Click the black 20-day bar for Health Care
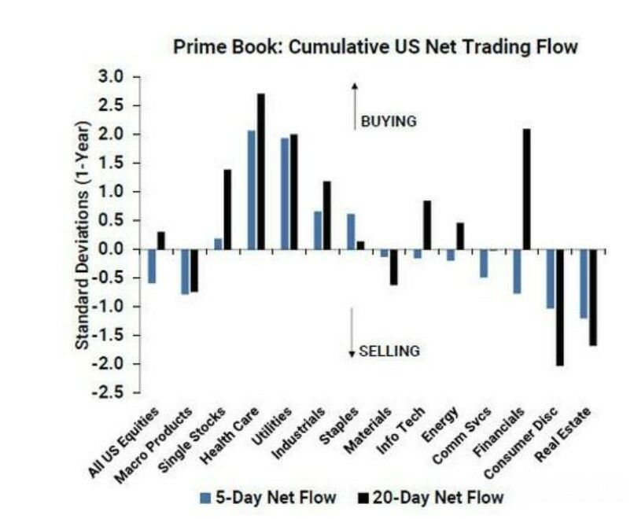tap(260, 171)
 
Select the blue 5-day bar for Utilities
tap(285, 194)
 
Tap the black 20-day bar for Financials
tap(526, 190)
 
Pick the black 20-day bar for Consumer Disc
tap(559, 307)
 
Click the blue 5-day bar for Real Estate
tap(584, 284)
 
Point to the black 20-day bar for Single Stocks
tap(227, 210)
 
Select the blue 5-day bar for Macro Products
tap(185, 272)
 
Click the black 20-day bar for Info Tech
tap(426, 226)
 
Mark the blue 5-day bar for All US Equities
tap(152, 267)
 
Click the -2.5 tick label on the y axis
tap(112, 392)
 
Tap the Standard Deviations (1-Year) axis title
tap(83, 236)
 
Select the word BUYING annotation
tap(388, 122)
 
